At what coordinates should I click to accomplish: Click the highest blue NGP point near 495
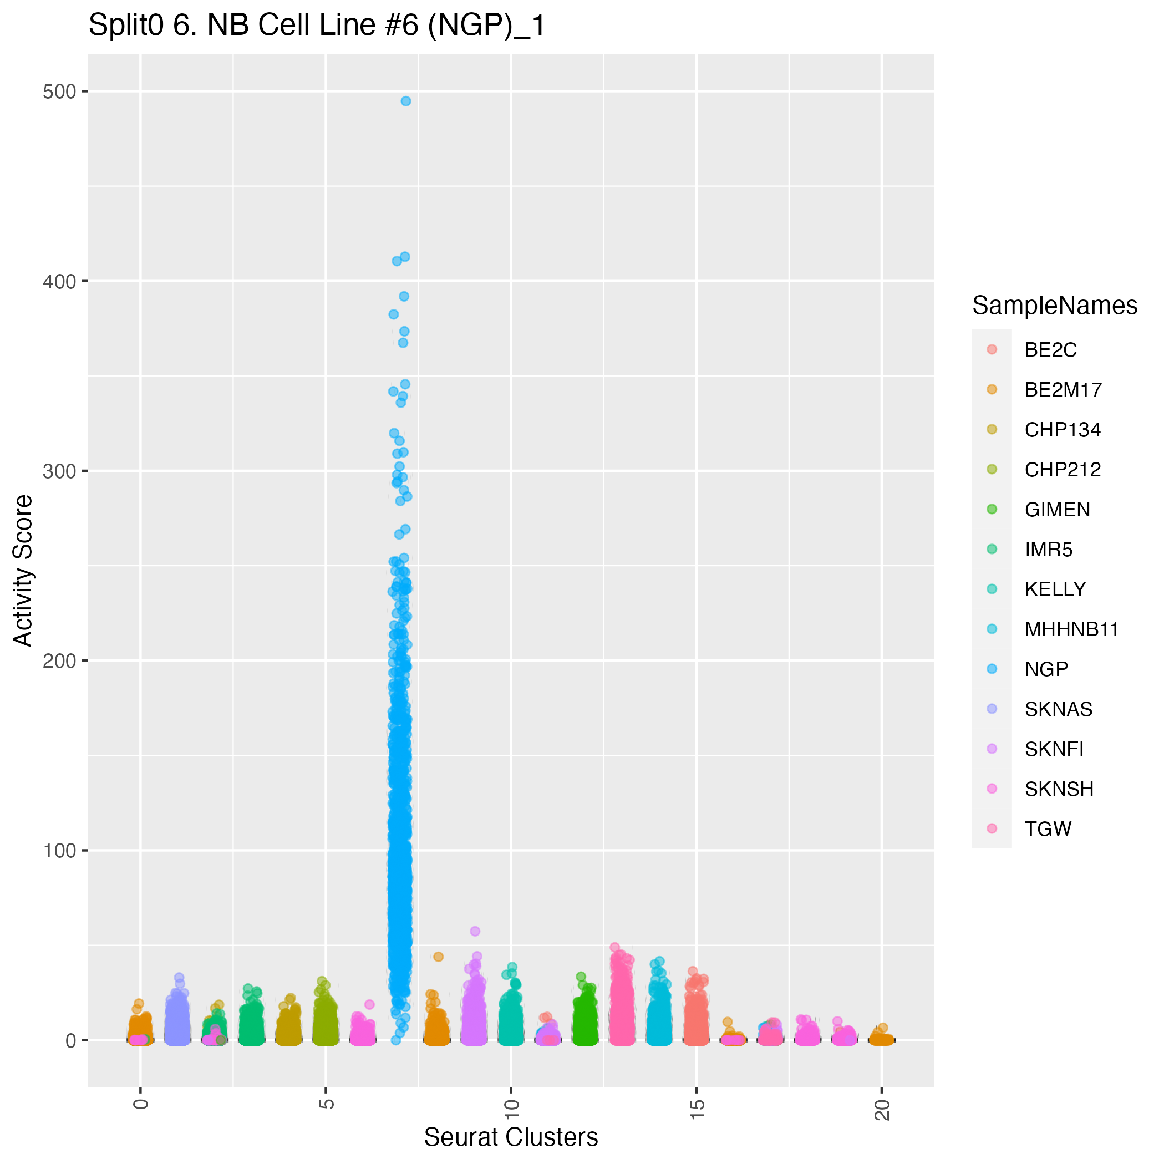point(406,101)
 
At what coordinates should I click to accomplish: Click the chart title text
point(317,26)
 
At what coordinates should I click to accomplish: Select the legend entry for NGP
point(1046,669)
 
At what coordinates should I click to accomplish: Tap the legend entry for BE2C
point(1050,350)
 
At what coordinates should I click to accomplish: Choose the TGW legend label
point(1048,829)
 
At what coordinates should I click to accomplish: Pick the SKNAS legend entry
point(1058,709)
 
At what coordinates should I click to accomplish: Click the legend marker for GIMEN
point(992,509)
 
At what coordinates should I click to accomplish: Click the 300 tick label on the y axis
point(59,471)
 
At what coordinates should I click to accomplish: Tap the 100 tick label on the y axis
point(59,851)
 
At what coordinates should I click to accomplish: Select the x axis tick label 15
point(697,1105)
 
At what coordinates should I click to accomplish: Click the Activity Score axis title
point(23,571)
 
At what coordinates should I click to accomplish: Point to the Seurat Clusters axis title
point(511,1137)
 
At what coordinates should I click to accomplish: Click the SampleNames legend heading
point(1054,306)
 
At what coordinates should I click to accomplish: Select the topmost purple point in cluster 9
point(475,932)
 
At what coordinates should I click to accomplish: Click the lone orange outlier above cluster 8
point(439,957)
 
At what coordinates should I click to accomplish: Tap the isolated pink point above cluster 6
point(369,1004)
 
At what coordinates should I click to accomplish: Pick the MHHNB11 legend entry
point(1071,629)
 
